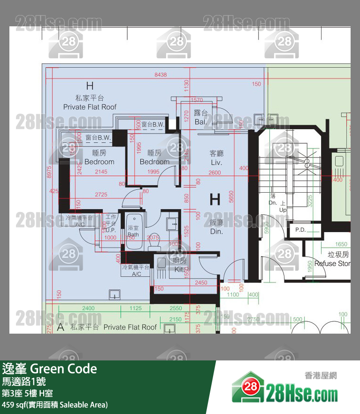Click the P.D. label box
coord(300,230)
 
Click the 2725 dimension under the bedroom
coord(101,194)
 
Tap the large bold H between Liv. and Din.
coord(215,200)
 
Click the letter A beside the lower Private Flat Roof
coord(60,328)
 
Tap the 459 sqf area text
coord(54,405)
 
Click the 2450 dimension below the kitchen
coord(201,283)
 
